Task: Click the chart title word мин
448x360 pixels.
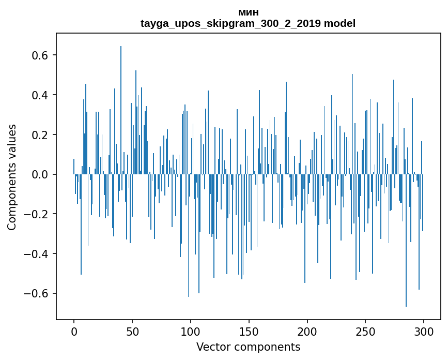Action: tap(248, 12)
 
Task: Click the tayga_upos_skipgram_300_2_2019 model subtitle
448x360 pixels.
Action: tap(248, 23)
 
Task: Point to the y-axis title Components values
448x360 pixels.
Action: tap(12, 177)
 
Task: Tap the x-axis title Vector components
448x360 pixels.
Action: tap(248, 347)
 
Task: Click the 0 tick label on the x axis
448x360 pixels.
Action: tap(74, 331)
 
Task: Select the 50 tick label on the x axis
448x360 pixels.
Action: tap(132, 331)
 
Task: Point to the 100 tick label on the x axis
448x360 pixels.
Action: tap(191, 331)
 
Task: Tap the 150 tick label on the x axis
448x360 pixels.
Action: tap(249, 331)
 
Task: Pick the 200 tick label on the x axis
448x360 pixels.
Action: tap(307, 331)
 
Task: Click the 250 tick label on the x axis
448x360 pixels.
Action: tap(366, 331)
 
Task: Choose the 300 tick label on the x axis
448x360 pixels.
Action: tap(424, 331)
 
